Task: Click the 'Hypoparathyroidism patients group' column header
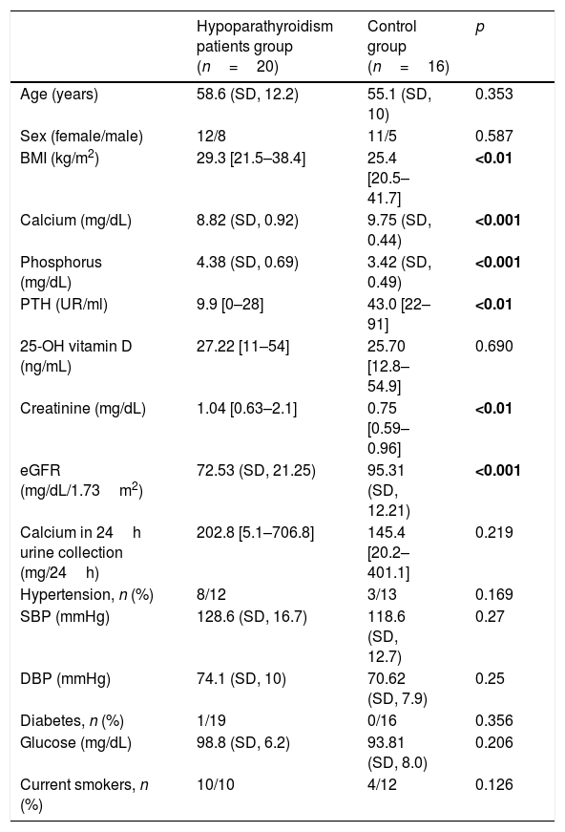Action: pos(264,46)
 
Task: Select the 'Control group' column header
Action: pos(408,46)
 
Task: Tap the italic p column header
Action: pos(480,27)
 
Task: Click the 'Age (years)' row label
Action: pos(59,95)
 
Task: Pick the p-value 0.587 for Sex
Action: pos(494,136)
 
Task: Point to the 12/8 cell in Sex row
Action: pos(211,136)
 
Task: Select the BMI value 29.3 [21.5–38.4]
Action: pos(251,159)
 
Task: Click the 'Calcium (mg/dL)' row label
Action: pos(75,221)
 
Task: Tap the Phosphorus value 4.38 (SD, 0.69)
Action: pos(247,262)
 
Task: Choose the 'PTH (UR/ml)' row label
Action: pos(64,304)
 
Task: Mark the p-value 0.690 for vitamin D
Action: pos(494,346)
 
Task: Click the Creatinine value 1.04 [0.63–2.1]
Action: pos(246,408)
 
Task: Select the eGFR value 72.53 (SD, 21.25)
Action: pos(256,470)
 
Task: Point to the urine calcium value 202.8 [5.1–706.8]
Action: pos(255,532)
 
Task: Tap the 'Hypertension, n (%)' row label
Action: pos(87,595)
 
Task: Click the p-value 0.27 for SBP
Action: pos(490,616)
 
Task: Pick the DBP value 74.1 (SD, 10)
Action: pos(241,678)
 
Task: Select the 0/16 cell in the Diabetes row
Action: pos(382,720)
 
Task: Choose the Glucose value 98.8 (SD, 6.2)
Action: pos(243,742)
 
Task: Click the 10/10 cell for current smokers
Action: pos(215,784)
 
